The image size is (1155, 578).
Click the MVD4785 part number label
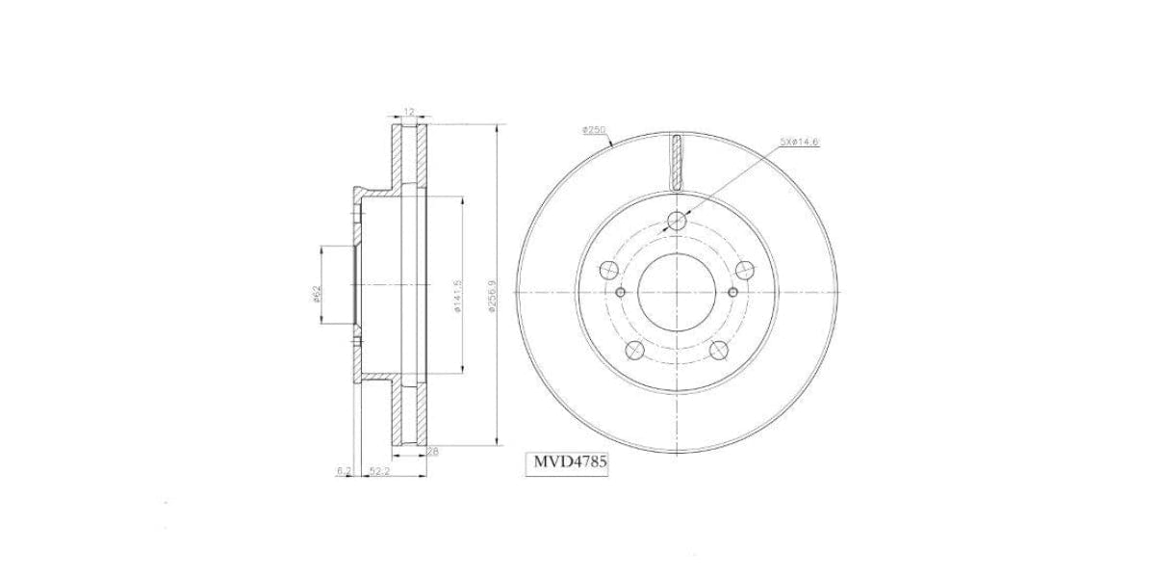[572, 462]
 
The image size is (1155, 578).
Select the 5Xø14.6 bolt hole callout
[799, 142]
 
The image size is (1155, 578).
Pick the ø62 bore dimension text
[318, 293]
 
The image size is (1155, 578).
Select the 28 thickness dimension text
[432, 451]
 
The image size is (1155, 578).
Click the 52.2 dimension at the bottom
[378, 470]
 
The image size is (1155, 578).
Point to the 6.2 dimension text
[344, 470]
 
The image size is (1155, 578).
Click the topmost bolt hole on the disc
[678, 222]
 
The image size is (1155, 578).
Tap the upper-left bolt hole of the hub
[608, 270]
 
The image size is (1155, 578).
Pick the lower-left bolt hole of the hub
[635, 352]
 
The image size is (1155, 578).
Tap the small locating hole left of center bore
[621, 292]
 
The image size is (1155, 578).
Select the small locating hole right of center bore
[733, 292]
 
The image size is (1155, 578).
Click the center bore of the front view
[678, 292]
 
